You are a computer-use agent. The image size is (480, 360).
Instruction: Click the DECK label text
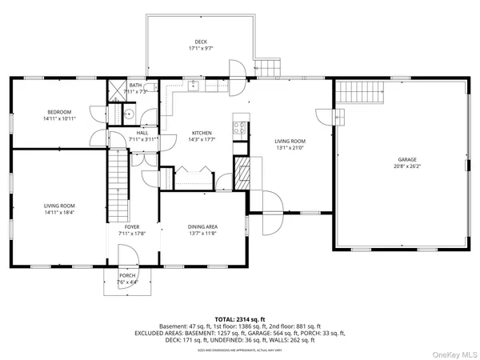(201, 42)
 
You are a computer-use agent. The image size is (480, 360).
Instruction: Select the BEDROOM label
(58, 112)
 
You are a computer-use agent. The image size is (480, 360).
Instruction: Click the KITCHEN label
(201, 133)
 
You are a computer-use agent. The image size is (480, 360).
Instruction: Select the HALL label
(142, 133)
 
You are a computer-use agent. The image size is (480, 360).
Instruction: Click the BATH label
(135, 85)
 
